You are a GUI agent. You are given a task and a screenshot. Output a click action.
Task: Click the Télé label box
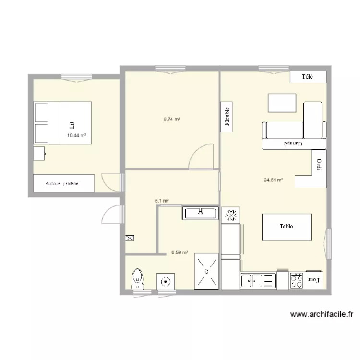(308, 77)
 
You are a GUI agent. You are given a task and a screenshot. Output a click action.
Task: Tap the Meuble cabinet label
(227, 116)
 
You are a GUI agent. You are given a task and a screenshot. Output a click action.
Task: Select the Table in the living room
(287, 227)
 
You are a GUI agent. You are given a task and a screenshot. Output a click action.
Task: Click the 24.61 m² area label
(273, 180)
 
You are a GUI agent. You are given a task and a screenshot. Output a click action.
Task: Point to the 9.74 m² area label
(171, 120)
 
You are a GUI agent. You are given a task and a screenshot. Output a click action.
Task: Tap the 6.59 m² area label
(180, 252)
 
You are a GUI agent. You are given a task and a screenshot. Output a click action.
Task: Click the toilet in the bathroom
(138, 278)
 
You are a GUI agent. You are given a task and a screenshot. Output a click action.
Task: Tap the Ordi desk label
(318, 164)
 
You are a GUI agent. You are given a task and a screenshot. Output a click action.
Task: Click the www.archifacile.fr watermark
(322, 315)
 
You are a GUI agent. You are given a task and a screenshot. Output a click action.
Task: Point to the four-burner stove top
(296, 280)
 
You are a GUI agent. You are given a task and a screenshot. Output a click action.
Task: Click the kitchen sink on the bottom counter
(258, 281)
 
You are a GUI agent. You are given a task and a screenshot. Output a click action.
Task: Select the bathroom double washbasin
(201, 213)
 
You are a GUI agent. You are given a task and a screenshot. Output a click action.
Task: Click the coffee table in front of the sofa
(282, 102)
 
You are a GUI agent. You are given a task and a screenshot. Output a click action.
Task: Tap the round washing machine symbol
(166, 281)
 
